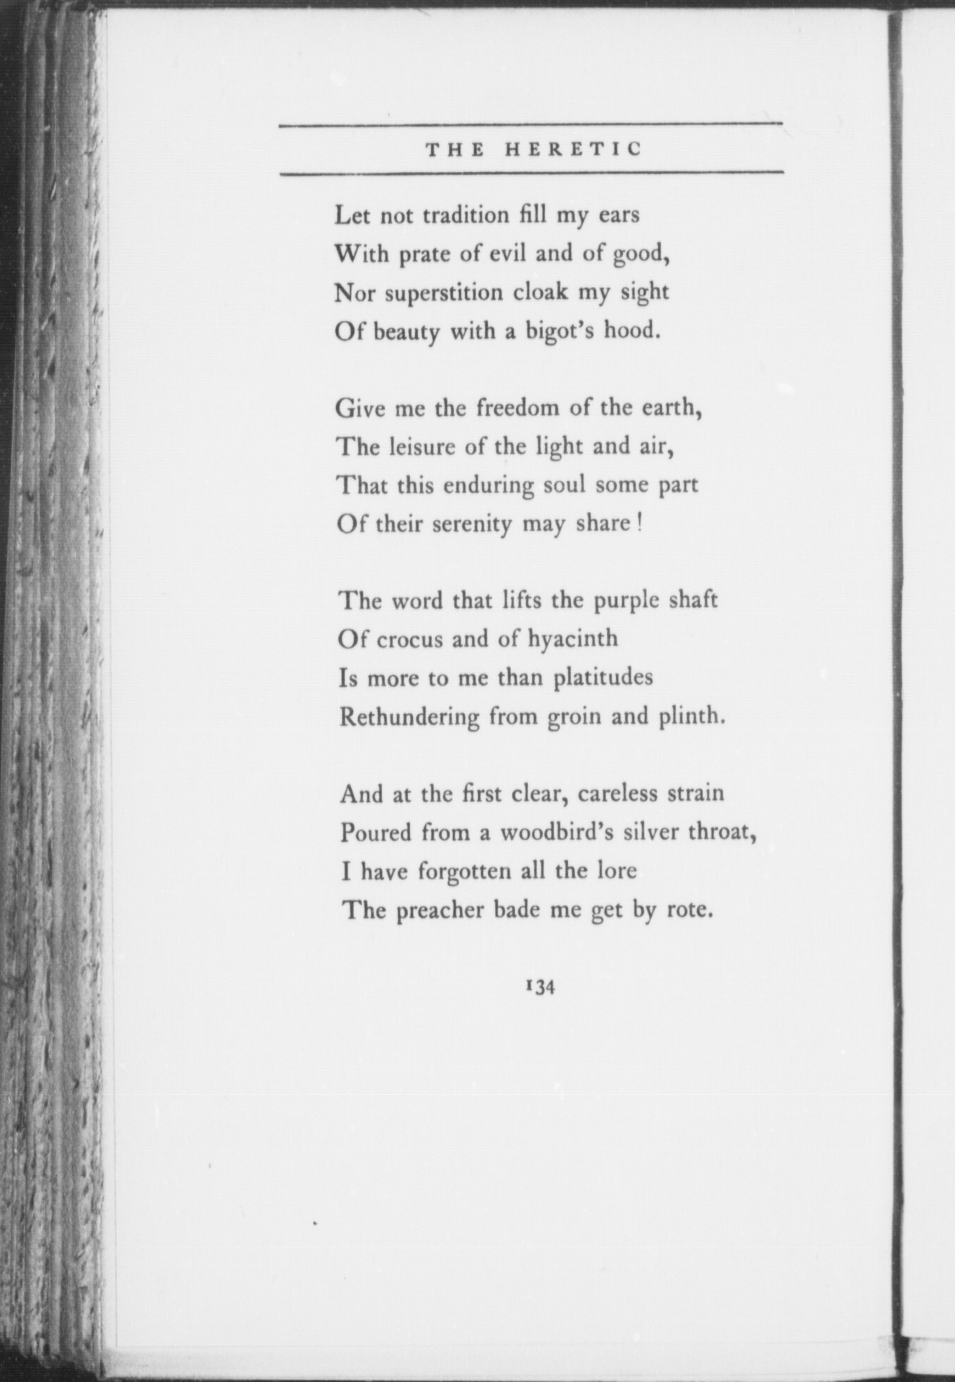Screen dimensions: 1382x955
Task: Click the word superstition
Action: [444, 293]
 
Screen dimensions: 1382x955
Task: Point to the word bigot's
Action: [562, 331]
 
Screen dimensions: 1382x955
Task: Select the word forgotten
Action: [465, 872]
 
